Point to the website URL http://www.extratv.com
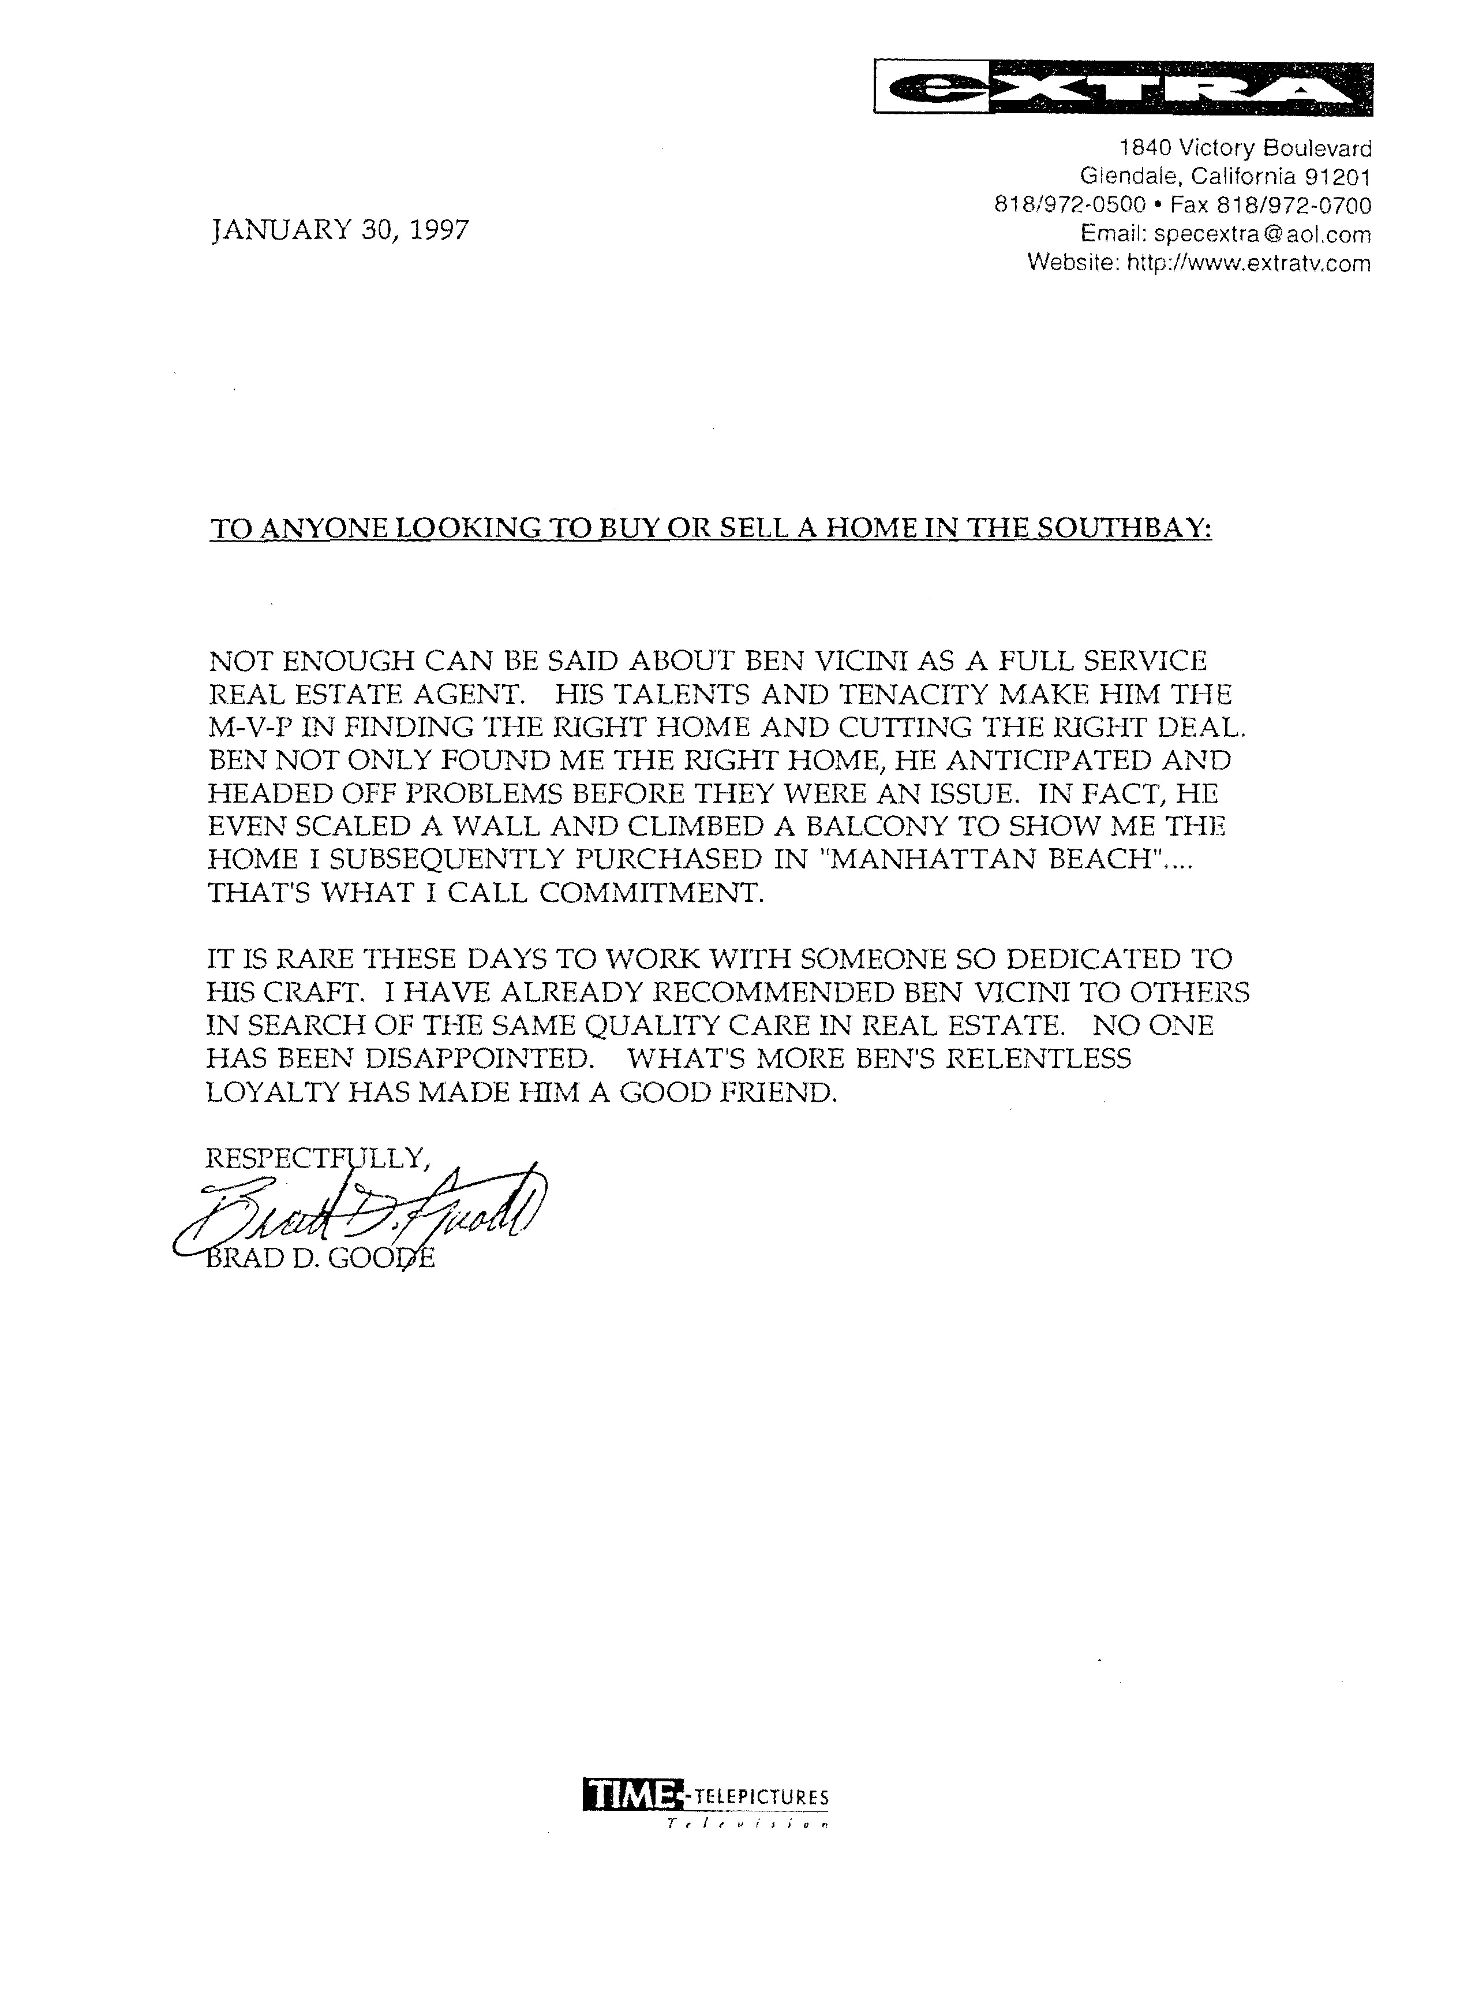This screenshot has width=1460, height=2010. pos(1248,263)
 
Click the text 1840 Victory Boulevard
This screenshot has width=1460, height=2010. pos(1245,147)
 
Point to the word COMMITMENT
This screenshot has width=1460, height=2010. pos(651,892)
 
